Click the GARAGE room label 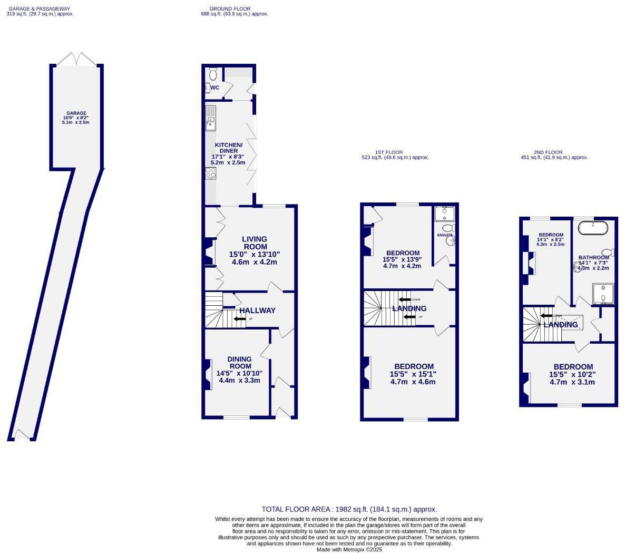tap(76, 113)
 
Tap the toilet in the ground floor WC tap(213, 74)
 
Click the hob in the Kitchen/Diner tap(210, 173)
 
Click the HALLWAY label tap(257, 311)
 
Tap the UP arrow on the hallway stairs tap(240, 319)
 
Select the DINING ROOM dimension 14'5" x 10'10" tap(239, 373)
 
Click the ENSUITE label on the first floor tap(444, 235)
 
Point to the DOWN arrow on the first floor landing tap(405, 299)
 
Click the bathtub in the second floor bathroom tap(593, 228)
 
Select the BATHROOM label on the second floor tap(593, 257)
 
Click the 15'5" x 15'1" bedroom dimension tap(413, 374)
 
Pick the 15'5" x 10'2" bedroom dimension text tap(572, 374)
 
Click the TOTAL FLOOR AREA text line tap(349, 509)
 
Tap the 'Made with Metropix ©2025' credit tap(349, 549)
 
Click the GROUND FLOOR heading tap(230, 9)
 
